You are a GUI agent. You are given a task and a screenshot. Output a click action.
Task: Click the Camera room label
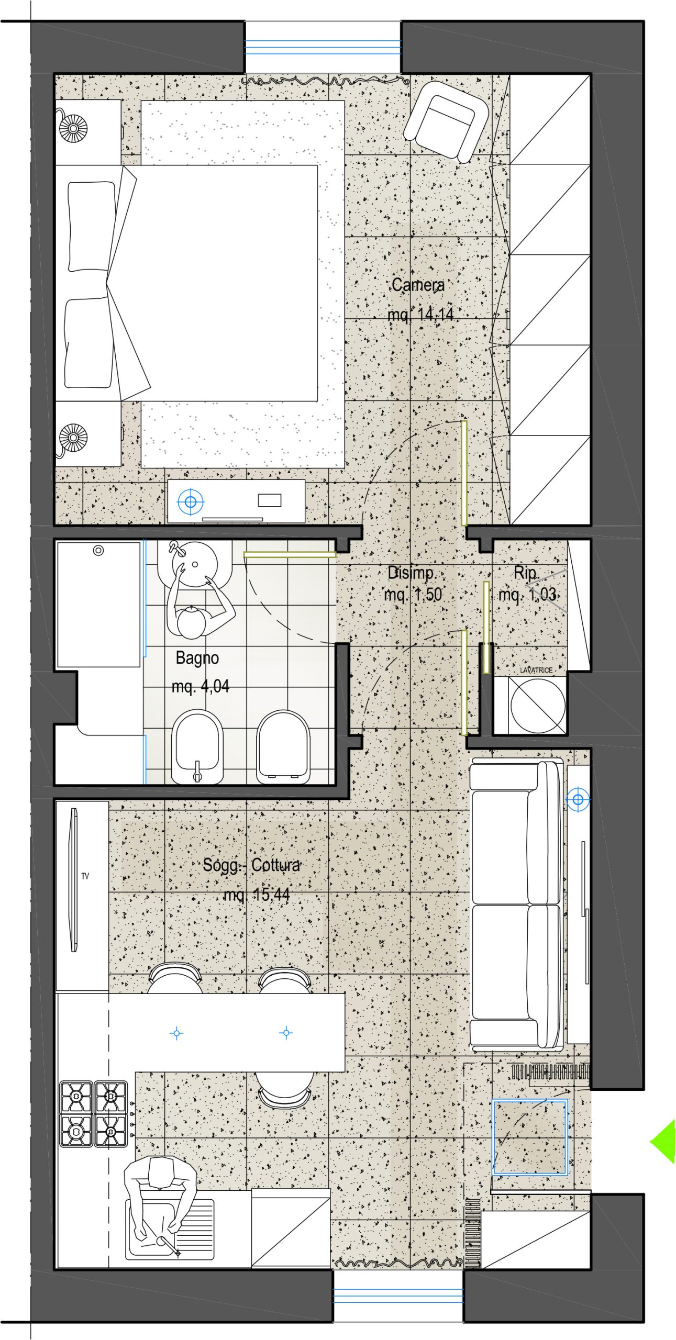click(x=418, y=285)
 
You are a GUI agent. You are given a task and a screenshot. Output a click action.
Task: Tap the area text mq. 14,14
click(x=420, y=314)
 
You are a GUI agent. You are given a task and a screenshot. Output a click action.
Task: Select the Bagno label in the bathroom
click(x=197, y=658)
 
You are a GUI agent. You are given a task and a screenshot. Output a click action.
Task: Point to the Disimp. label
click(x=412, y=573)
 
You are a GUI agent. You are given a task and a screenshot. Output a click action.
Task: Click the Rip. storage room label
click(x=526, y=573)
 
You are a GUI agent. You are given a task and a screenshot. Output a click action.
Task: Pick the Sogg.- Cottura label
click(x=252, y=865)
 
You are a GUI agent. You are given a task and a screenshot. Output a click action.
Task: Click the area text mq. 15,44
click(x=257, y=895)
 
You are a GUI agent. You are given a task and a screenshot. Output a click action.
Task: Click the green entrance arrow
click(x=662, y=1141)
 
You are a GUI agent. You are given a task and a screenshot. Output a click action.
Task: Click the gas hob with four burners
click(x=94, y=1114)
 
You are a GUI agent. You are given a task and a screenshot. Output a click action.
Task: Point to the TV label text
click(x=85, y=876)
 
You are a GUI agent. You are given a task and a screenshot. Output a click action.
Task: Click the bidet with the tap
click(x=197, y=747)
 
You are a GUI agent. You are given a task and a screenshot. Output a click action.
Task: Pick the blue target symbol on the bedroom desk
click(x=191, y=502)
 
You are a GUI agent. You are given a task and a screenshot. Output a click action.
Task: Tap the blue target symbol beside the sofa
click(x=578, y=799)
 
